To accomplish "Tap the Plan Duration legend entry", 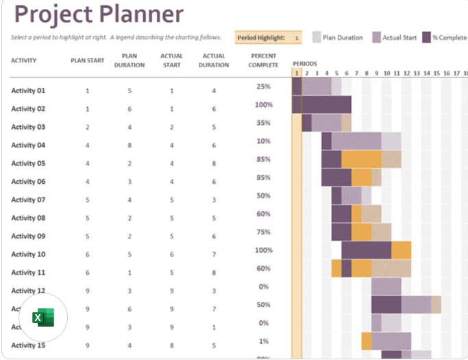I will pos(338,38).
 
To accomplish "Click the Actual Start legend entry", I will pos(395,38).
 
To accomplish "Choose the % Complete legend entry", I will pos(445,38).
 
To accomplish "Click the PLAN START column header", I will pos(87,60).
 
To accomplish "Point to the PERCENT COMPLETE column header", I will pos(264,60).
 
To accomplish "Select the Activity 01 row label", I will pos(28,91).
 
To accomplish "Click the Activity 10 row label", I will pos(28,254).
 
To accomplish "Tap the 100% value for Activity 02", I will pos(264,105).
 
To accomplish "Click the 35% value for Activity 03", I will pos(264,123).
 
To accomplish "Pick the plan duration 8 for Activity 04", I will pos(129,145).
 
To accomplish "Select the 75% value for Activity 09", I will pos(264,232).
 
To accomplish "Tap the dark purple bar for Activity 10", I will pos(366,250).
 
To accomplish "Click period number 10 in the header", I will pos(386,73).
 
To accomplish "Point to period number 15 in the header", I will pos(436,73).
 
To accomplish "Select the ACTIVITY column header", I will pos(23,60).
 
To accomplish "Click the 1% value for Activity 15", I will pos(264,341).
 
